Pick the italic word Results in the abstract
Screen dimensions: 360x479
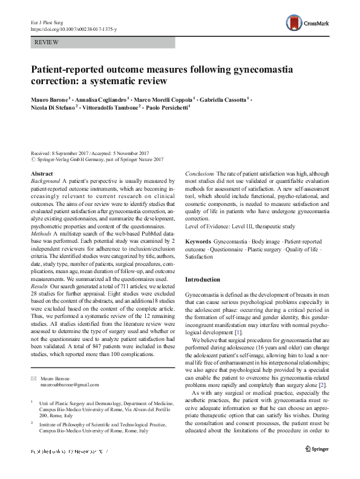[41, 295]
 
